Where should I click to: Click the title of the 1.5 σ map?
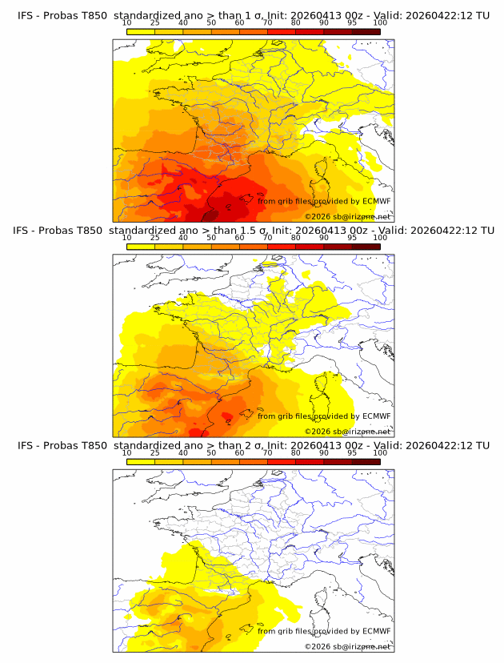[253, 231]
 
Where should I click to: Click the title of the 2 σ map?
[253, 445]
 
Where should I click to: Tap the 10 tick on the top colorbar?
[126, 23]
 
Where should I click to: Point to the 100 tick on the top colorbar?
[380, 23]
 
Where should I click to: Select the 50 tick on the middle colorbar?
[211, 238]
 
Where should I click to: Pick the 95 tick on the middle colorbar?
[352, 238]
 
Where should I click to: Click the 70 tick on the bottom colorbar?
[267, 452]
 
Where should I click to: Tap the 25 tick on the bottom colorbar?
[154, 452]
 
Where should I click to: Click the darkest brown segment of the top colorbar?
[366, 31]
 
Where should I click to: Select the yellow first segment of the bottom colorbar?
[140, 460]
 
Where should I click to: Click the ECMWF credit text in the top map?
[324, 201]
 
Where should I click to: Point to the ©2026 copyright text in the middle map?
[347, 431]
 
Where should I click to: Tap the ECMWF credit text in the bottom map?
[324, 631]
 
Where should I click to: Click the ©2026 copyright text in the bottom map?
[347, 646]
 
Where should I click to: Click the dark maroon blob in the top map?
[210, 215]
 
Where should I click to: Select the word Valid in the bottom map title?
[392, 445]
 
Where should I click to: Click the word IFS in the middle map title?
[26, 231]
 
